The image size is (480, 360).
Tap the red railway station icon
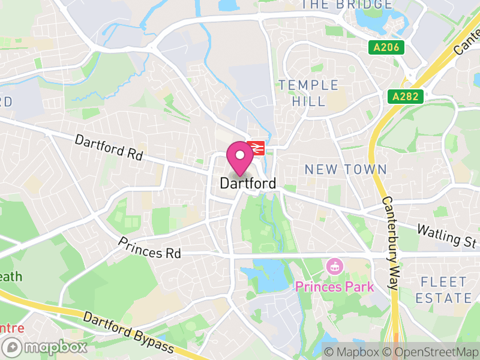tap(256, 147)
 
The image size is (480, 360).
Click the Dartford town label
tap(248, 184)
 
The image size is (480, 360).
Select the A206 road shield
tap(386, 47)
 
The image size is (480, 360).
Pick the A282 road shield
tap(406, 95)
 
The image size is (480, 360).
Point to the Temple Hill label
tap(308, 93)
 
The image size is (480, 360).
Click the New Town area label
tap(346, 170)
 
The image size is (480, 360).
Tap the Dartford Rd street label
tap(109, 148)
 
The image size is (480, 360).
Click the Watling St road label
tap(447, 236)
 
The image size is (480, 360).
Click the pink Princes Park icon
tap(334, 266)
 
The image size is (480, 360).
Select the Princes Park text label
tap(334, 287)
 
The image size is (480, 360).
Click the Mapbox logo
tap(47, 347)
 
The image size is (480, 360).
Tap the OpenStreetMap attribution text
tap(431, 352)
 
